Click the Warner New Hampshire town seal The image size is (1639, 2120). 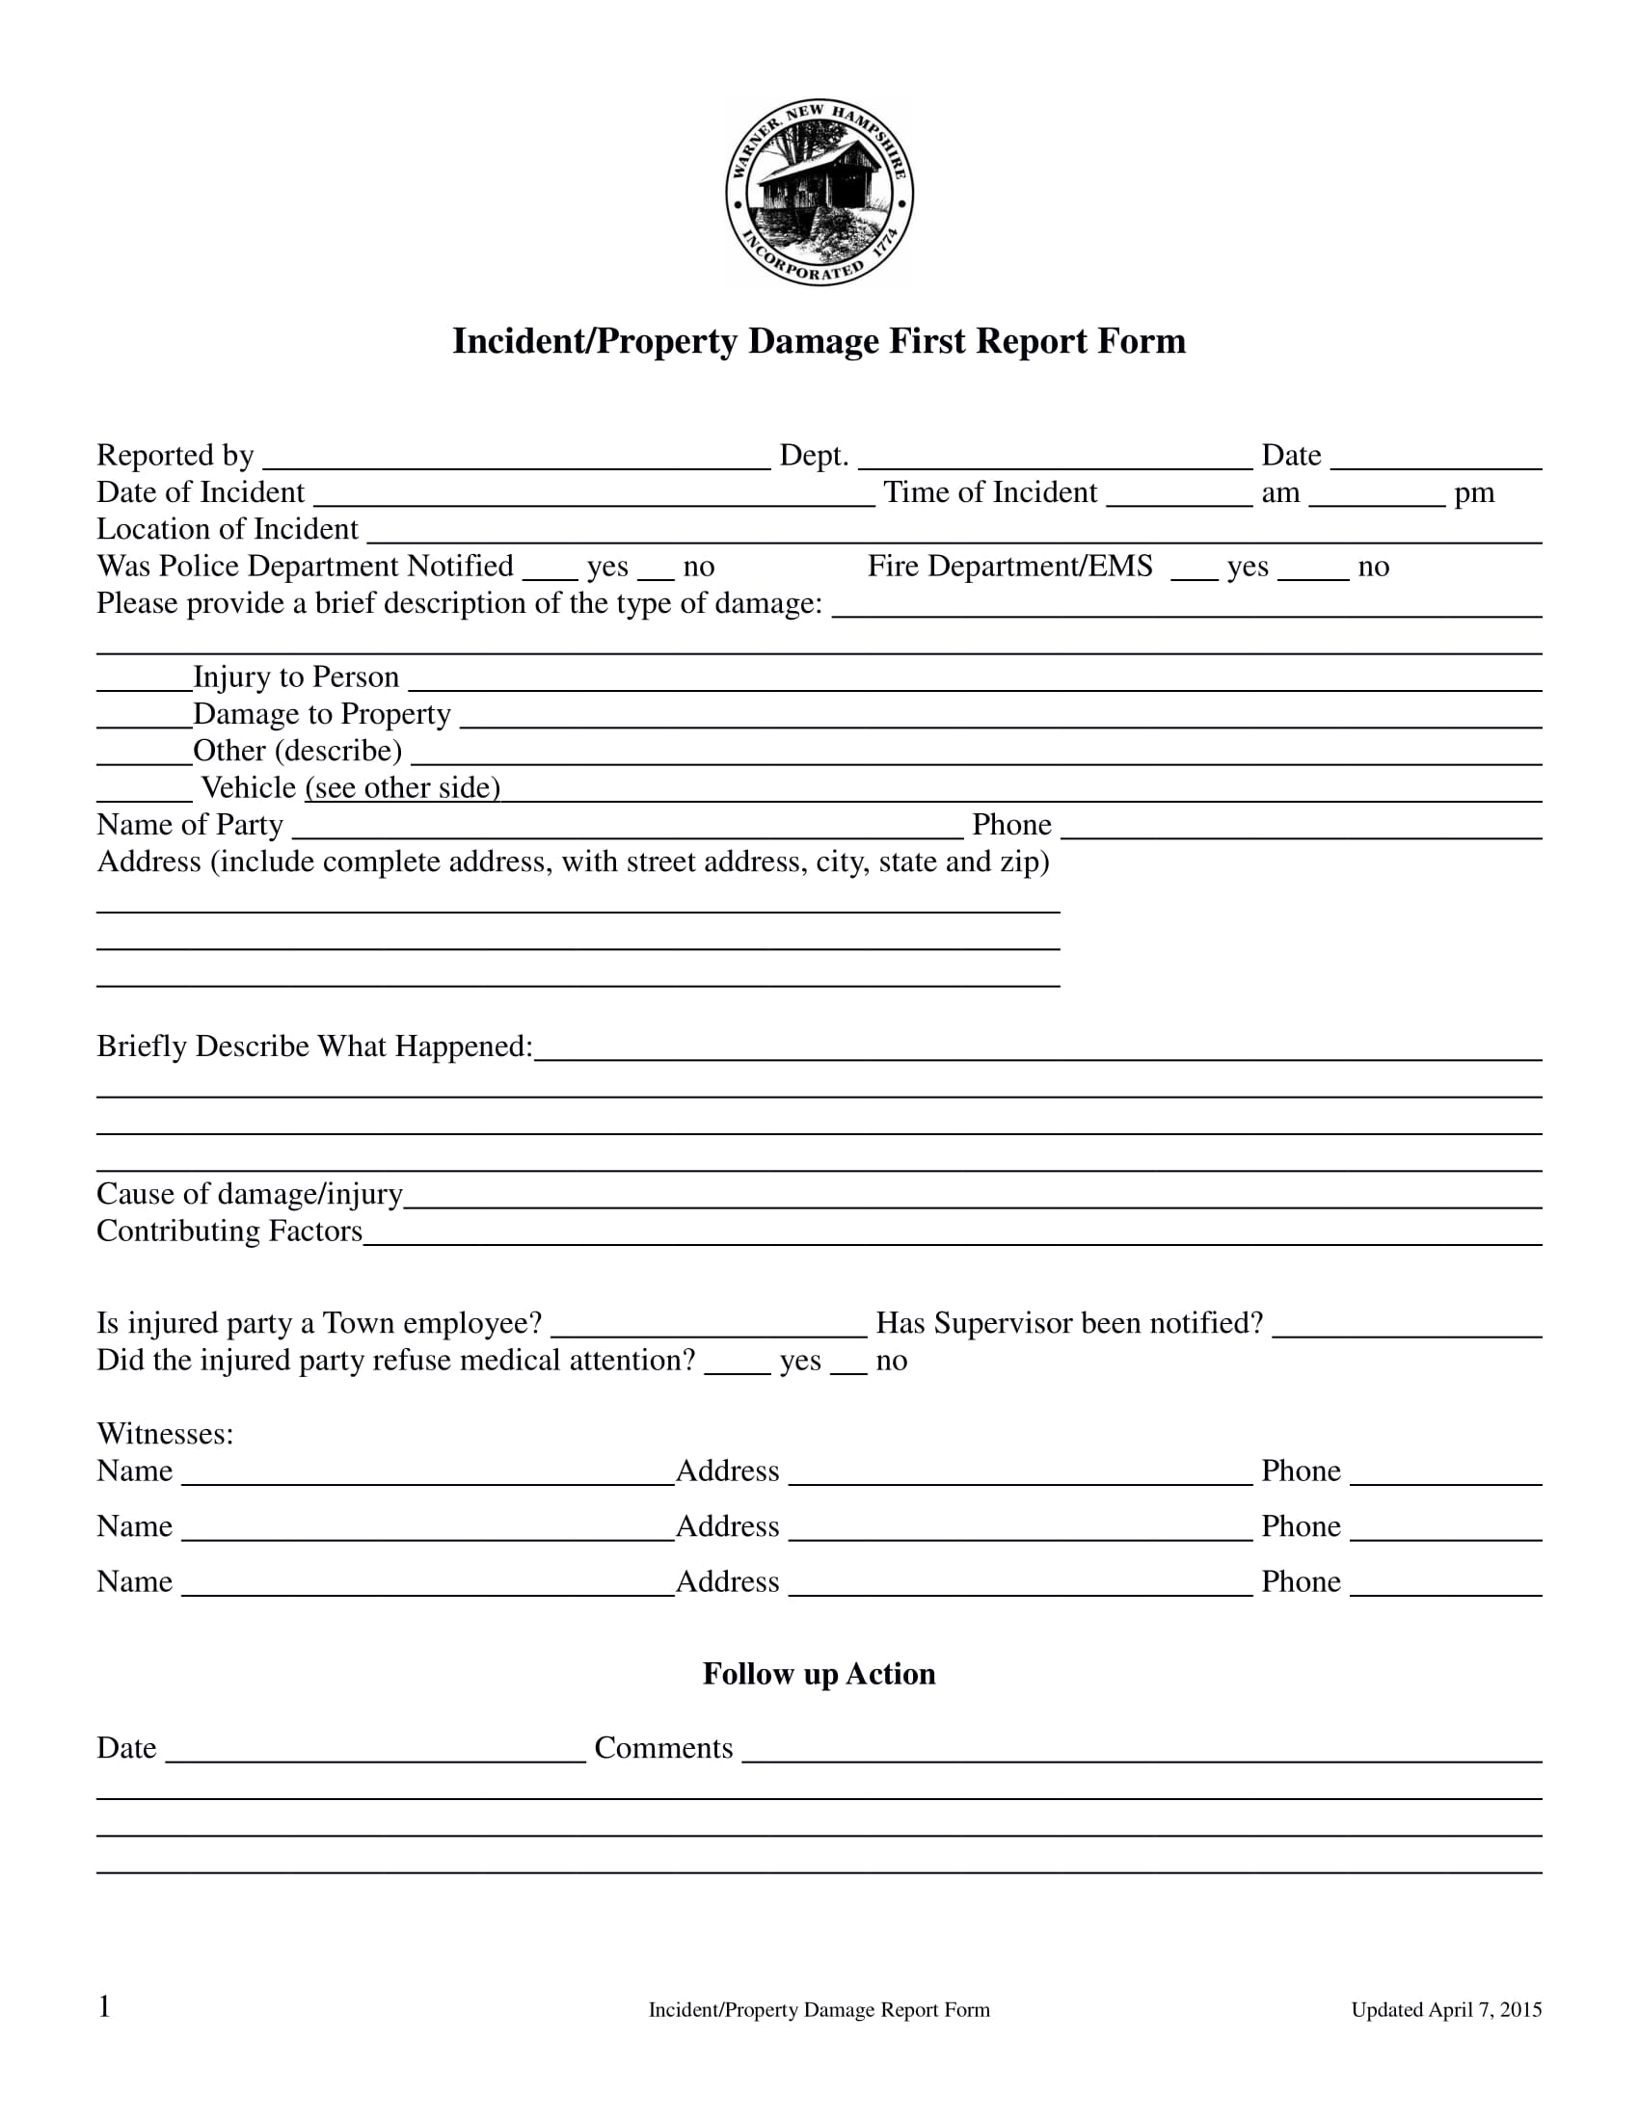[x=819, y=192]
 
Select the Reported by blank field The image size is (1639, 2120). [x=516, y=460]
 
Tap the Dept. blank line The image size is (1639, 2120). [x=1055, y=460]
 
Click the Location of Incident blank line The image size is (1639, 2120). [x=954, y=534]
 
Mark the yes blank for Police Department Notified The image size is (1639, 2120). [x=550, y=571]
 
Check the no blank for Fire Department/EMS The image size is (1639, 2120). [x=1313, y=571]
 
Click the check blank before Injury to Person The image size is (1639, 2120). [x=144, y=681]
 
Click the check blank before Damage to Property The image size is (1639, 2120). [x=144, y=718]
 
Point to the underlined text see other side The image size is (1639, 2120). [x=403, y=787]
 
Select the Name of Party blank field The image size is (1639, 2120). [x=628, y=830]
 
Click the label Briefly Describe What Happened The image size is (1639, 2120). [x=314, y=1047]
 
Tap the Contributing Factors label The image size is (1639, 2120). [x=229, y=1231]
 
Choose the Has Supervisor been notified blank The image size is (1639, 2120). [x=1406, y=1329]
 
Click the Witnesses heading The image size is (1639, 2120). [x=165, y=1434]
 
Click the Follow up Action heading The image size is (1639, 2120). [x=819, y=1674]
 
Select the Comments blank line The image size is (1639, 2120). [x=1141, y=1753]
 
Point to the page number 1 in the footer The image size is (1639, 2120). [x=105, y=2006]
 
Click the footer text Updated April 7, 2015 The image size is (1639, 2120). [x=1446, y=2010]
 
